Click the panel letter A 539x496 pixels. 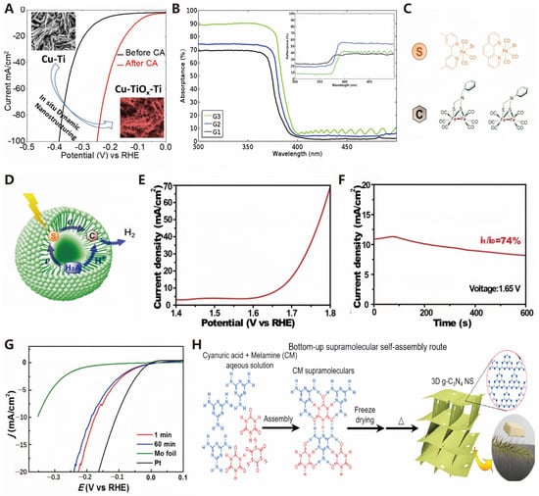pos(9,9)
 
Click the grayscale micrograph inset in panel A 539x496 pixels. pos(45,29)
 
